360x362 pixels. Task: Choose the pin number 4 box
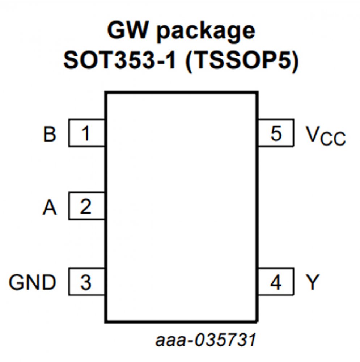276,282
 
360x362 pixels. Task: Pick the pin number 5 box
276,133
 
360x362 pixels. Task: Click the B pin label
49,134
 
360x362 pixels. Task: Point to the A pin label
50,208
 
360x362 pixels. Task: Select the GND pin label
33,283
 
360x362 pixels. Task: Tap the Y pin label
312,283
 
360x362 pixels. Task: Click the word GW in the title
127,31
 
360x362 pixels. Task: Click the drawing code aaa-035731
206,340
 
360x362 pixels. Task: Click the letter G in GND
17,283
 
